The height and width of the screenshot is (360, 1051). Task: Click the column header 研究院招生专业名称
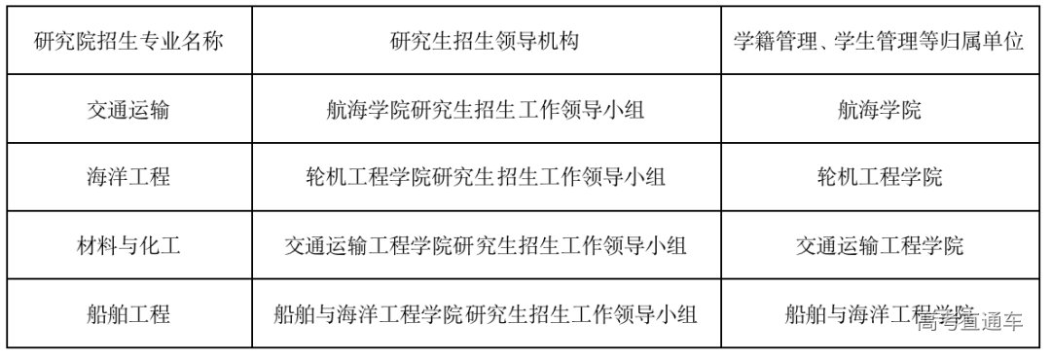[x=127, y=42]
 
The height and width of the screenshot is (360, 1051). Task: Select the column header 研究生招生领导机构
[x=486, y=42]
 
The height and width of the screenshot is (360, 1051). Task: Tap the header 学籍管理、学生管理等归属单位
[x=879, y=42]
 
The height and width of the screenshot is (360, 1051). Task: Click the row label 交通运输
[x=127, y=110]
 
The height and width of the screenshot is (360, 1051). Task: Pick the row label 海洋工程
[x=127, y=177]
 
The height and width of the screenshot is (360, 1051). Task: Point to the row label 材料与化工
[x=127, y=245]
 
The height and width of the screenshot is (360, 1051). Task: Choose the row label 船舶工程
[x=127, y=314]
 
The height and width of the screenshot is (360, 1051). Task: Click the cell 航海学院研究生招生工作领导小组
[x=486, y=110]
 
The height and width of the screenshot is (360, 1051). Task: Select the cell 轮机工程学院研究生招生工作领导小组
[x=486, y=177]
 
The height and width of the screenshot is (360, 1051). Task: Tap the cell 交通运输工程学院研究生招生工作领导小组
[x=486, y=245]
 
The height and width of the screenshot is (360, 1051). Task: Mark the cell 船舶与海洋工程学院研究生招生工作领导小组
[x=486, y=314]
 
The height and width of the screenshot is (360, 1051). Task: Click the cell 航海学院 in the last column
[x=879, y=110]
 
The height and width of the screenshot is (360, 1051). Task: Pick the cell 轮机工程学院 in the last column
[x=879, y=177]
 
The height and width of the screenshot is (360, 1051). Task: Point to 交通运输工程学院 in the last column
[x=879, y=245]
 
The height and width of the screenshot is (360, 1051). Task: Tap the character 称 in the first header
[x=212, y=42]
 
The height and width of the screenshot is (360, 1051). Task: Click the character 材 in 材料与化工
[x=86, y=245]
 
